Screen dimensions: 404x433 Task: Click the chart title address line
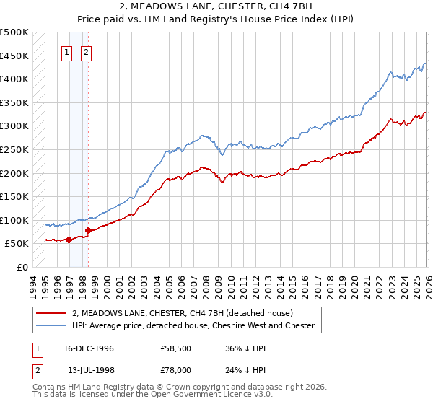click(x=216, y=6)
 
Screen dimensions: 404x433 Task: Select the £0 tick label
click(x=22, y=267)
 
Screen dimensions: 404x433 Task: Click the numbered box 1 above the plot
click(x=66, y=52)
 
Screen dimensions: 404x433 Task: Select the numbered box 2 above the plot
click(x=86, y=52)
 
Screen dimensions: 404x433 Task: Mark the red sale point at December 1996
click(x=69, y=240)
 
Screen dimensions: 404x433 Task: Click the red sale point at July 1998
click(x=88, y=231)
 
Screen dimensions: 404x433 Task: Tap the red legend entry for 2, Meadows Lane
click(x=182, y=314)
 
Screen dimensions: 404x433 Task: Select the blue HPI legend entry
click(x=193, y=325)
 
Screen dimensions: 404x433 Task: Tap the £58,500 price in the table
click(x=176, y=348)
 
